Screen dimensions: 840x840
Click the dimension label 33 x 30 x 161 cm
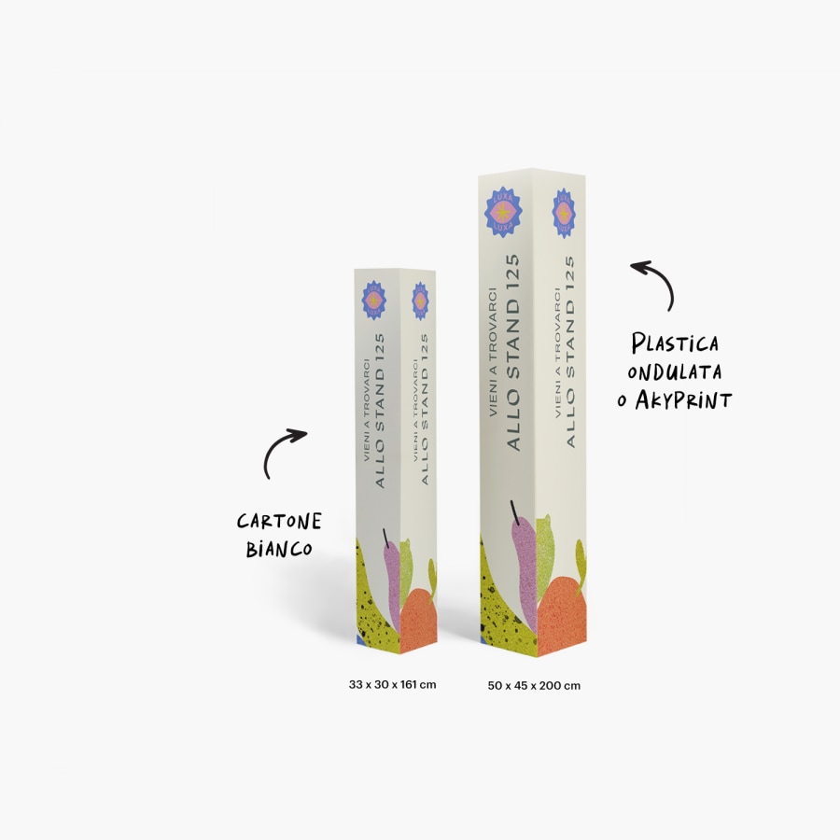(x=392, y=685)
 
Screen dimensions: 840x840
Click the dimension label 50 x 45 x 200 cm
(x=534, y=686)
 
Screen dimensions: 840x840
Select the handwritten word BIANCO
(x=278, y=549)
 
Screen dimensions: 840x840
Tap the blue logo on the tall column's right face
(x=563, y=213)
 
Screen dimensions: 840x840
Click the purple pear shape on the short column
(x=389, y=579)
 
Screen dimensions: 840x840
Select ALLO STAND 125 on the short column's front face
(x=381, y=411)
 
